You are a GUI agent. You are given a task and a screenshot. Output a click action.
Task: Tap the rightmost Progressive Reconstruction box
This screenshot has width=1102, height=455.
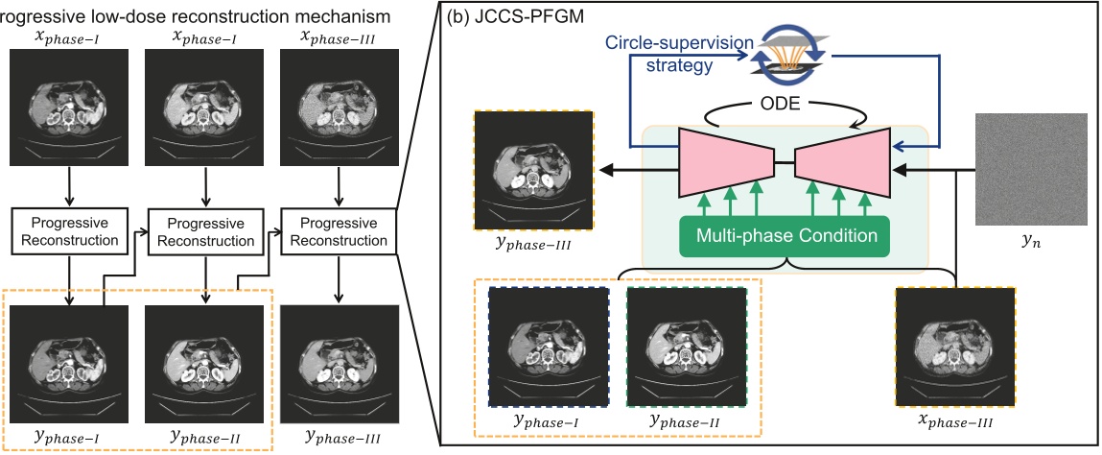tap(337, 230)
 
